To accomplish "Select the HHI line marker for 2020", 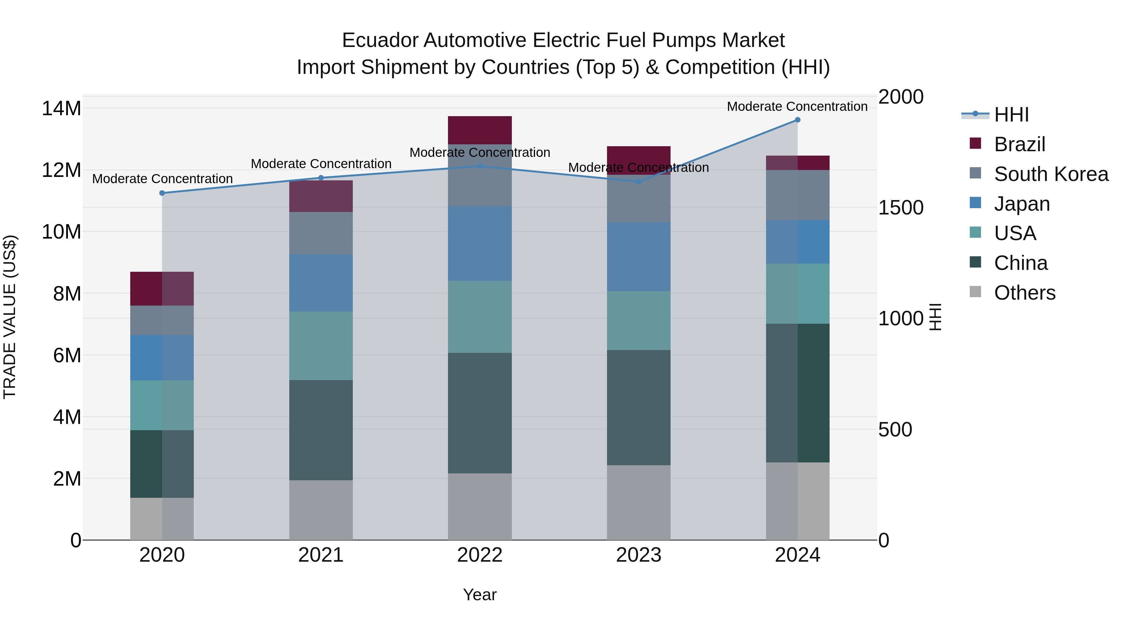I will click(162, 193).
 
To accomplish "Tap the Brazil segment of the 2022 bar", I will click(480, 130).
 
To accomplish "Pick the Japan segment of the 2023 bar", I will click(638, 257).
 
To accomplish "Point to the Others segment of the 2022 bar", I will click(480, 507).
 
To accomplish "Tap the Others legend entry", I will click(1024, 293).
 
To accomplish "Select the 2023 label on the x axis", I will click(638, 555).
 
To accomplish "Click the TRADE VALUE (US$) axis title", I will click(10, 317).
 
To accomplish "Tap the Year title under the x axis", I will click(480, 595).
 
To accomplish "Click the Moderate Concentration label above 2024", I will click(797, 106).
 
